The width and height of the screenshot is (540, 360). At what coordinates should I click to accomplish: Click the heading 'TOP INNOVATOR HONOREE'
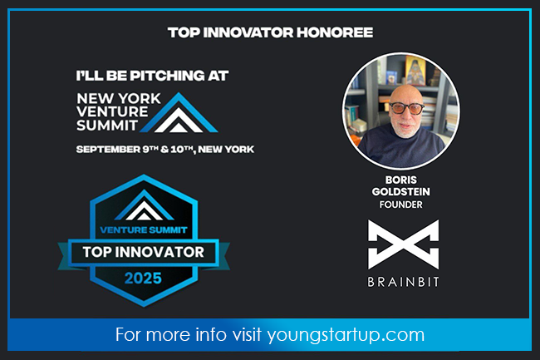click(270, 32)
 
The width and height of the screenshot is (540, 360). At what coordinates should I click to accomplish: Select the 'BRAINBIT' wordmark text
click(402, 282)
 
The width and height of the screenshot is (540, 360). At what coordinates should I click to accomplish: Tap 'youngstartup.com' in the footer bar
click(346, 335)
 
